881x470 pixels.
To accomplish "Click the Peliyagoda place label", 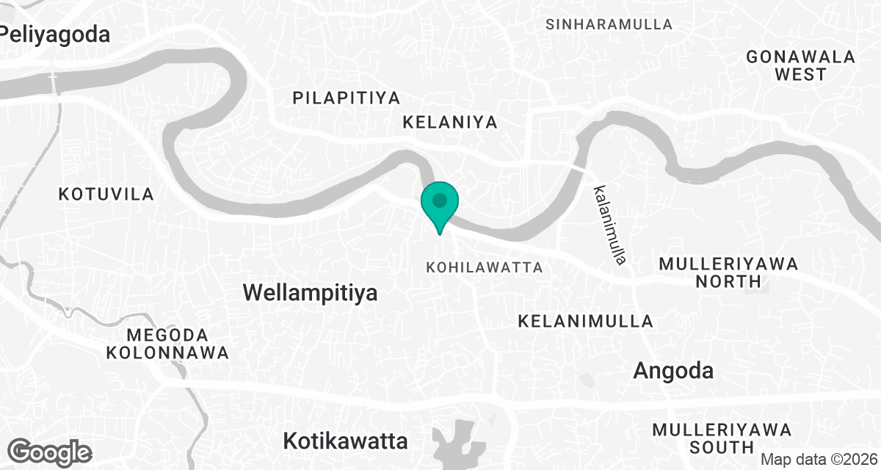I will point(54,34).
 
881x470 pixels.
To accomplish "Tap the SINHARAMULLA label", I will point(609,24).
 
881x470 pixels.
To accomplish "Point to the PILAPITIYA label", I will point(346,98).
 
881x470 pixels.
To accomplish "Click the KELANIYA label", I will point(450,122).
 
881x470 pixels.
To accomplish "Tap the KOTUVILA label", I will point(106,195).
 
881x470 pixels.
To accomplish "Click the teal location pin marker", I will point(440,203).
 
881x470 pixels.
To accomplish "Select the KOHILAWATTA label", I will point(485,267).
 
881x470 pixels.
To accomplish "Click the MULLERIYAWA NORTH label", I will point(728,272).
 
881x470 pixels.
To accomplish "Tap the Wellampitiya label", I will point(310,293).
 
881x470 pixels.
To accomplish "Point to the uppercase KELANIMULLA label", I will point(585,321).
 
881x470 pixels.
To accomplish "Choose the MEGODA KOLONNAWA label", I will point(167,344).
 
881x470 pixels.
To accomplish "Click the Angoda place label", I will point(673,371).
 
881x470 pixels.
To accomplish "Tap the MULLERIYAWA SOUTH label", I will point(722,438).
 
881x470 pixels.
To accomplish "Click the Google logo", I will point(50,451).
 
